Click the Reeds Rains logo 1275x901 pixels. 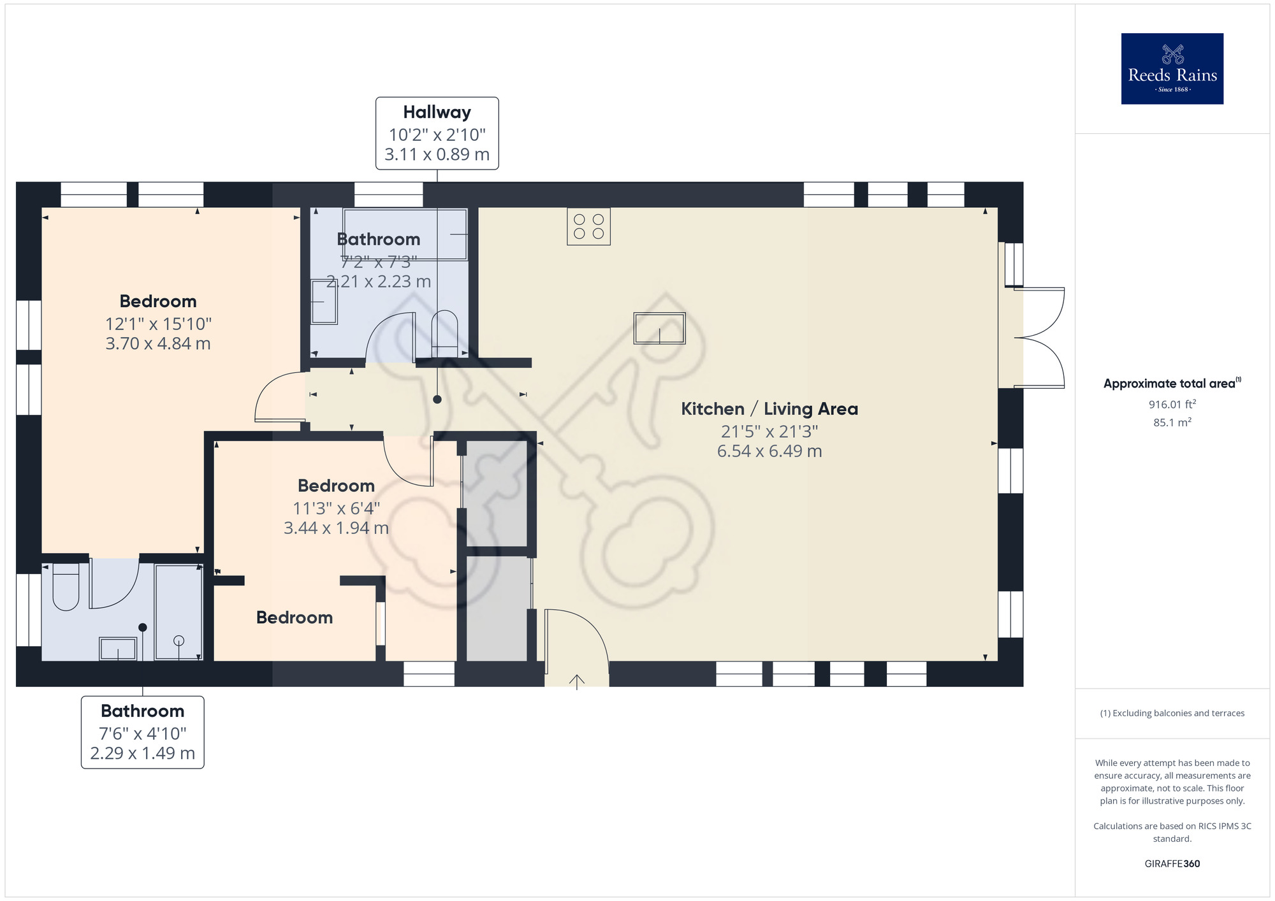tap(1172, 69)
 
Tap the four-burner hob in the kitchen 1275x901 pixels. tap(588, 226)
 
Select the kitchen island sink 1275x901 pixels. tap(659, 328)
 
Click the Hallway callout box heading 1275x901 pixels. tap(437, 112)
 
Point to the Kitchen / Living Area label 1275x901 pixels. tap(769, 409)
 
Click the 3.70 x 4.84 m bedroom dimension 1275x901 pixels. tap(157, 343)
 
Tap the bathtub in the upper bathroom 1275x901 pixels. tap(405, 234)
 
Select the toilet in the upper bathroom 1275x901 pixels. tap(444, 333)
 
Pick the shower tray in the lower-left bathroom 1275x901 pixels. tap(178, 612)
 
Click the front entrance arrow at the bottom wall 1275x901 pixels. tap(576, 682)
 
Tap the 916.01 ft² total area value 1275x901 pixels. tap(1172, 405)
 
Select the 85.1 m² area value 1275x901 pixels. tap(1172, 422)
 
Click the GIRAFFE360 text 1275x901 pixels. tap(1172, 864)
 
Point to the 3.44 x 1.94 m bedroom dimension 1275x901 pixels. tap(336, 528)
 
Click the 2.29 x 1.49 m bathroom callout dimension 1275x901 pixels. tap(142, 753)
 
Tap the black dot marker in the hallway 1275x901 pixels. tap(437, 400)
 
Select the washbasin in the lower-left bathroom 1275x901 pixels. tap(118, 649)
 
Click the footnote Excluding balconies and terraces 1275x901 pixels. tap(1172, 713)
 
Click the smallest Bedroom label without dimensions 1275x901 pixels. tap(294, 617)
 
